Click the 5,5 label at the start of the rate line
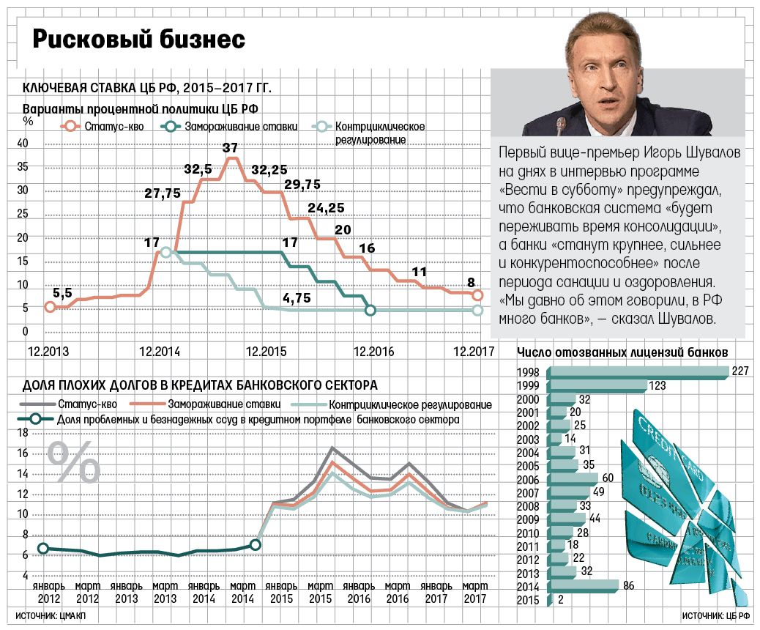pyautogui.click(x=62, y=293)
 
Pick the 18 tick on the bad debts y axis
pyautogui.click(x=23, y=432)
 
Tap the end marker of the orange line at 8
pyautogui.click(x=477, y=295)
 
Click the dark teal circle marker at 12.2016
pyautogui.click(x=370, y=311)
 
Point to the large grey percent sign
pyautogui.click(x=74, y=461)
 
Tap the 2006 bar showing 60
pyautogui.click(x=573, y=478)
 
